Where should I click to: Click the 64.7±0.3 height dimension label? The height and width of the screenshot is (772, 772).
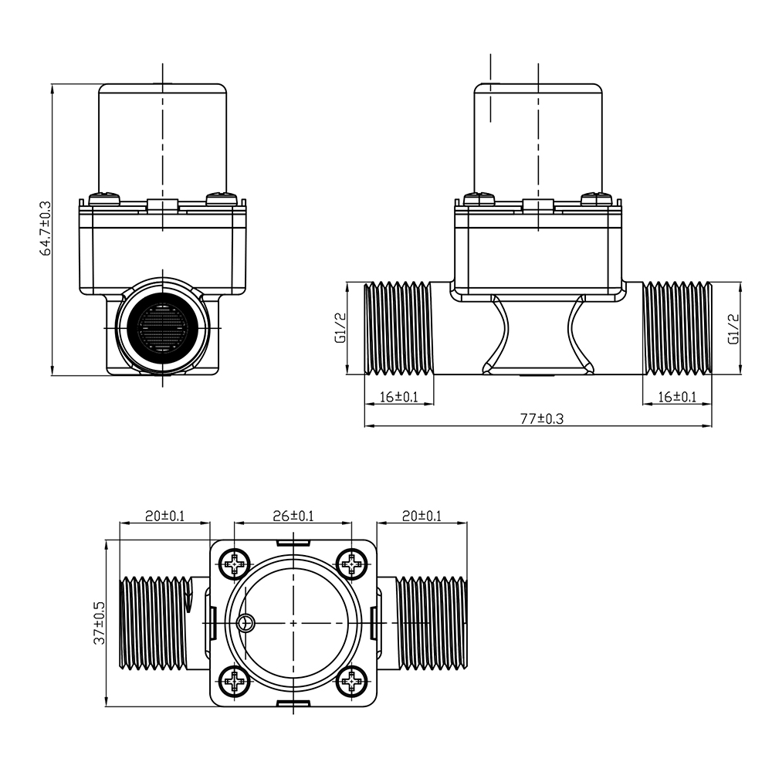(46, 229)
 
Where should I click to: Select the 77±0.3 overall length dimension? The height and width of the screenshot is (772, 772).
(542, 418)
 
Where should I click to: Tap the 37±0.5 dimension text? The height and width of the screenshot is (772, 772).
(100, 623)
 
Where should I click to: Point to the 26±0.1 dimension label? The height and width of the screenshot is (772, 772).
(293, 516)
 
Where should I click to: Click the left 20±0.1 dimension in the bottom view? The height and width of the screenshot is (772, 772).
(164, 516)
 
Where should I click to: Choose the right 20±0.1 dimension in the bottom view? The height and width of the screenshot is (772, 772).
(422, 516)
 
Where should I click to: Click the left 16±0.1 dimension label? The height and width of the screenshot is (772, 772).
(399, 396)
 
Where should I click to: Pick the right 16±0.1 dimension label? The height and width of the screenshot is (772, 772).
(677, 396)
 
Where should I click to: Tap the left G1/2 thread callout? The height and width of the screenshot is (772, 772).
(340, 327)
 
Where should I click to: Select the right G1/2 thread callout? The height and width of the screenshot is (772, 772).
(733, 328)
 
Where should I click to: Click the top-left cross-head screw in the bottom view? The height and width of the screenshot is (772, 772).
(235, 564)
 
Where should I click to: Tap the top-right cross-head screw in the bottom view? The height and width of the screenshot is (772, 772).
(351, 564)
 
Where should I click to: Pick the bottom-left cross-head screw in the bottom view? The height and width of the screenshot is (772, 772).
(235, 682)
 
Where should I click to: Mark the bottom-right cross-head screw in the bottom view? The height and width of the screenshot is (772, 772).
(351, 682)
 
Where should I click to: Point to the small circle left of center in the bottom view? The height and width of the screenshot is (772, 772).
(245, 623)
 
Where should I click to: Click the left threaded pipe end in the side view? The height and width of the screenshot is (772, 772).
(398, 328)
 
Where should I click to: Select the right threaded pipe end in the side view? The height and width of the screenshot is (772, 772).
(678, 328)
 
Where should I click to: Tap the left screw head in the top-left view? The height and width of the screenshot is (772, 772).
(104, 198)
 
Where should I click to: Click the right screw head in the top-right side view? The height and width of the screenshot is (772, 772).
(596, 198)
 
